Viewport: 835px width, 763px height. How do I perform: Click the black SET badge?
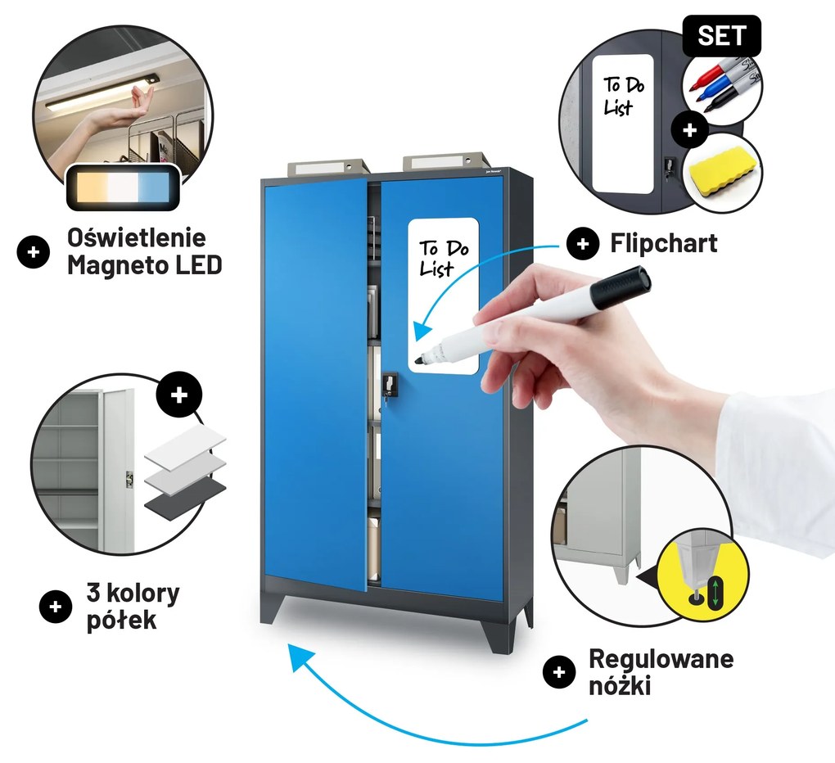[x=721, y=36]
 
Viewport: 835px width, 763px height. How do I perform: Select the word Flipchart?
[x=664, y=243]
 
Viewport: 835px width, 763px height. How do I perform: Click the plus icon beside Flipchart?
[x=583, y=244]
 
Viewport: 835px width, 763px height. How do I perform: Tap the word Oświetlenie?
[x=137, y=237]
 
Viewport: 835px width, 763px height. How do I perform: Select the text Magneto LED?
[x=144, y=264]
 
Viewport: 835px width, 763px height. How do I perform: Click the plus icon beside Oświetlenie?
[x=33, y=251]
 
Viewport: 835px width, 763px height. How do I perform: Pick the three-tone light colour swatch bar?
[x=123, y=187]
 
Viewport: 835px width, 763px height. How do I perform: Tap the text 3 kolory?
[x=133, y=594]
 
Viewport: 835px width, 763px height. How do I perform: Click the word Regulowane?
[x=661, y=659]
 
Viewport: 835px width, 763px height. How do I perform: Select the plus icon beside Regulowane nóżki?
[x=558, y=672]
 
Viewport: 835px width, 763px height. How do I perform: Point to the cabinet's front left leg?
[x=273, y=607]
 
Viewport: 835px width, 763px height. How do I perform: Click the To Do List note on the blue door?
[x=443, y=296]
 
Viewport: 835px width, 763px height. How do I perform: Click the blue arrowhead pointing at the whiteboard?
[x=422, y=332]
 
